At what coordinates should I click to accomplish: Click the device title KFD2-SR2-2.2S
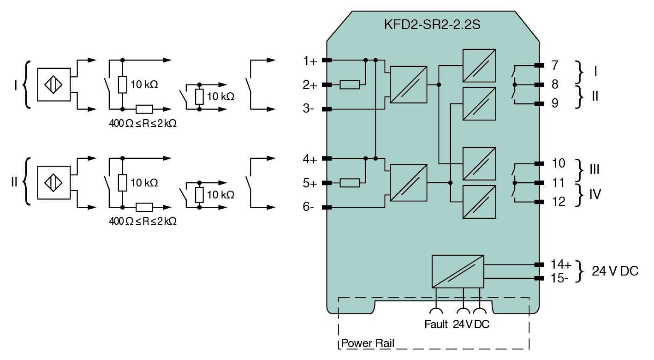coord(432,25)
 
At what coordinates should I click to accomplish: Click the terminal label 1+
coord(310,61)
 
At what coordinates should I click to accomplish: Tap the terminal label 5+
coord(310,183)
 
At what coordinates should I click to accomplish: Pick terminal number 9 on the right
coord(555,103)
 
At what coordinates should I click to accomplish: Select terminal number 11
coord(558,183)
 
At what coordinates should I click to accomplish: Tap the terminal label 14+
coord(561,264)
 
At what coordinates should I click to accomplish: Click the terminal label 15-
coord(560,278)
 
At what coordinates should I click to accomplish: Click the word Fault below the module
coord(436,324)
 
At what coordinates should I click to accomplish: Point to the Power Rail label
coord(368,344)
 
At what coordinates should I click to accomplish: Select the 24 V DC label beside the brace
coord(615,271)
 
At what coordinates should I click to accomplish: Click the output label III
coord(595,169)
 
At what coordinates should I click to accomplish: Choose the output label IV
coord(595,195)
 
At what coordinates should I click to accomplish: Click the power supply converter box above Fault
coord(458,270)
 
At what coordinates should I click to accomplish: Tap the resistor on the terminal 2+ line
coord(350,85)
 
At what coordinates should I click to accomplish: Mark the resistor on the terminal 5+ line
coord(350,183)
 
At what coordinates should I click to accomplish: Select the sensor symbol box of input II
coord(54,183)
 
